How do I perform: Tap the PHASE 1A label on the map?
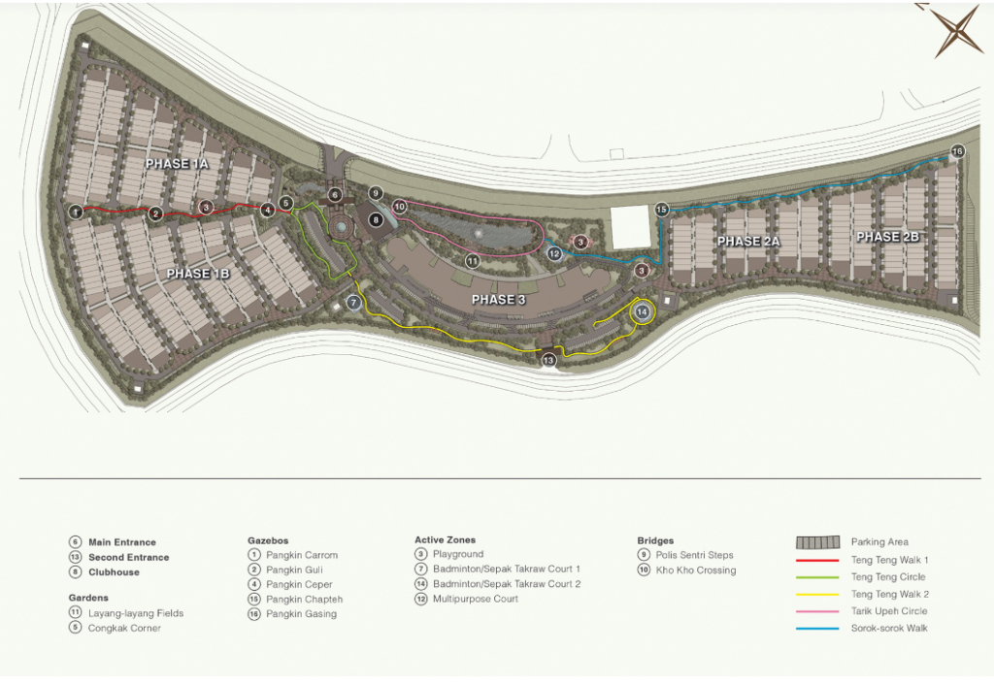click(178, 164)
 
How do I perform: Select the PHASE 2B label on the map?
click(887, 237)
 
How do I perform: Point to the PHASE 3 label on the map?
click(498, 300)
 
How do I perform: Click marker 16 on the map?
click(957, 151)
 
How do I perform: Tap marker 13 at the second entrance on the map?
click(548, 360)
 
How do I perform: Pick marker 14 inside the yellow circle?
click(642, 311)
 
